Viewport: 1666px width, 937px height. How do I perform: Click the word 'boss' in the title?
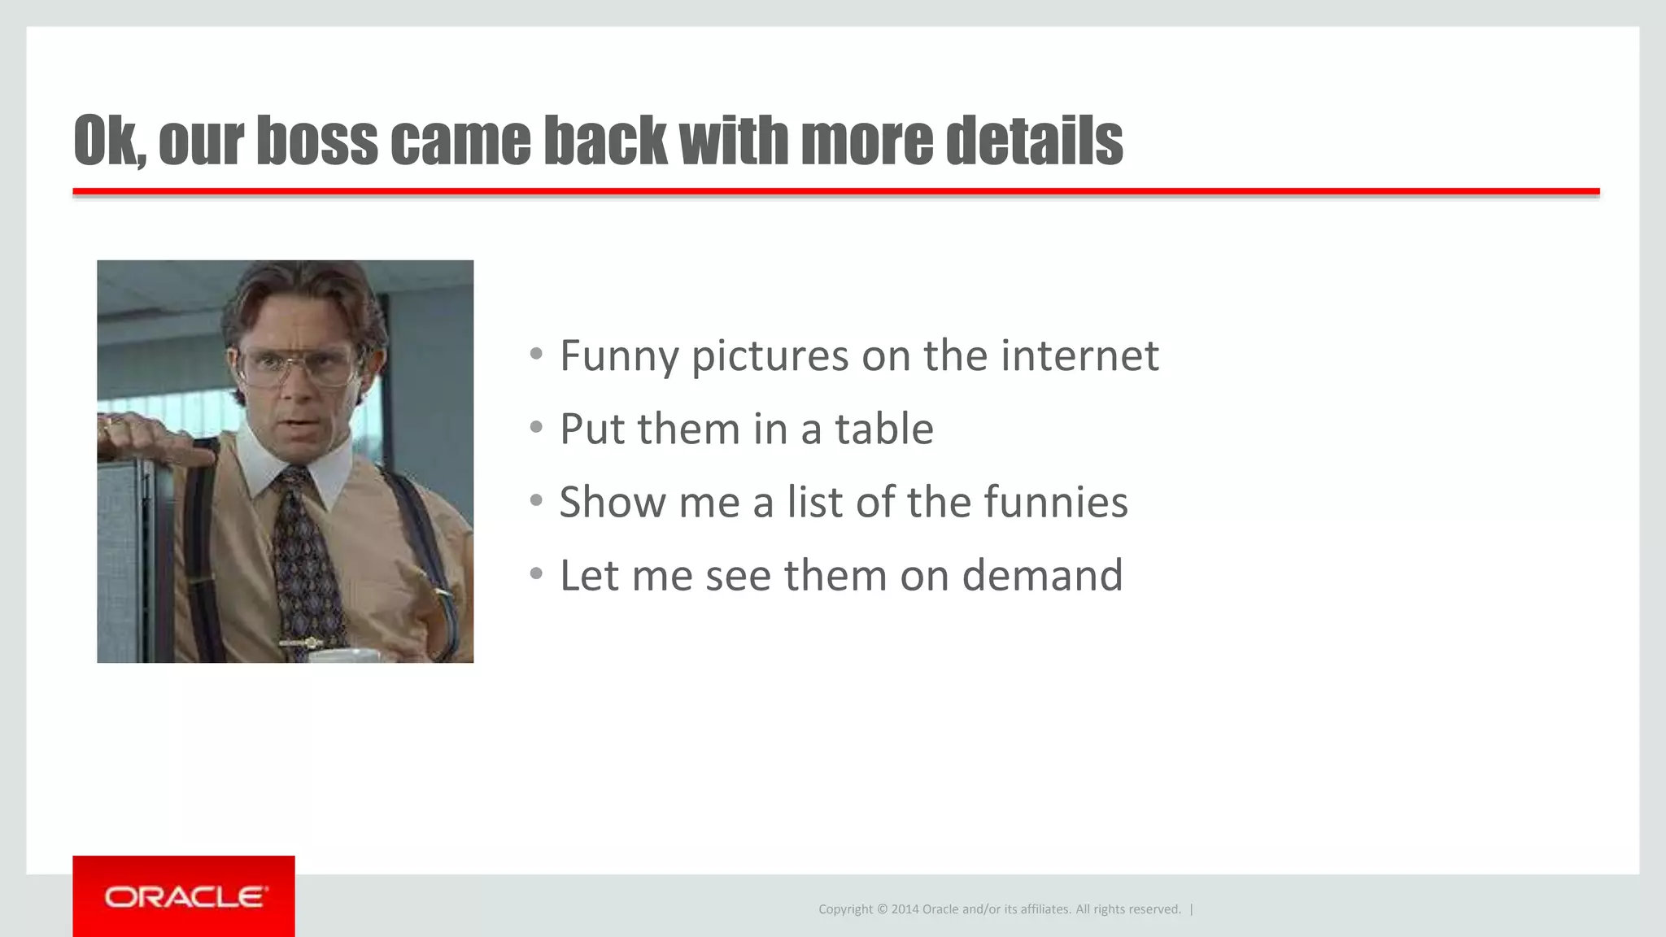pos(316,141)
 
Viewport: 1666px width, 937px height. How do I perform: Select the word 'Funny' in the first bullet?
pos(619,356)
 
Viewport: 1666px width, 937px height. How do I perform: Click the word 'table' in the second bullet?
pos(884,429)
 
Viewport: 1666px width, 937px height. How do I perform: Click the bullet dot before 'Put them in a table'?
pos(535,427)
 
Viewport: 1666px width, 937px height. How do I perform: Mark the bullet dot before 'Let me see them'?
pos(535,574)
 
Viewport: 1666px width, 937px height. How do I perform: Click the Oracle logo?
pos(184,896)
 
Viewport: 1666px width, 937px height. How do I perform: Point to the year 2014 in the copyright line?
pos(905,909)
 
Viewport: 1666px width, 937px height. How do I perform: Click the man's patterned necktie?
pos(305,553)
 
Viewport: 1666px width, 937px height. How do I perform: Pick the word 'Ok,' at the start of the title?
pos(110,141)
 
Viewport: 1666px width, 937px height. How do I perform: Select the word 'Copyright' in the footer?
pos(845,909)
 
